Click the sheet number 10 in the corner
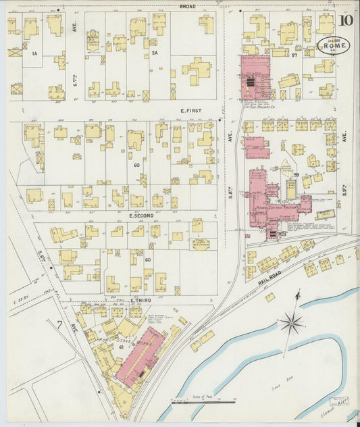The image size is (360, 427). (x=345, y=20)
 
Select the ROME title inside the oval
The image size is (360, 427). (x=334, y=45)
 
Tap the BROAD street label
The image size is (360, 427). (x=187, y=6)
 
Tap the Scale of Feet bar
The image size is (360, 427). (x=203, y=401)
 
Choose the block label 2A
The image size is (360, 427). (x=155, y=53)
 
